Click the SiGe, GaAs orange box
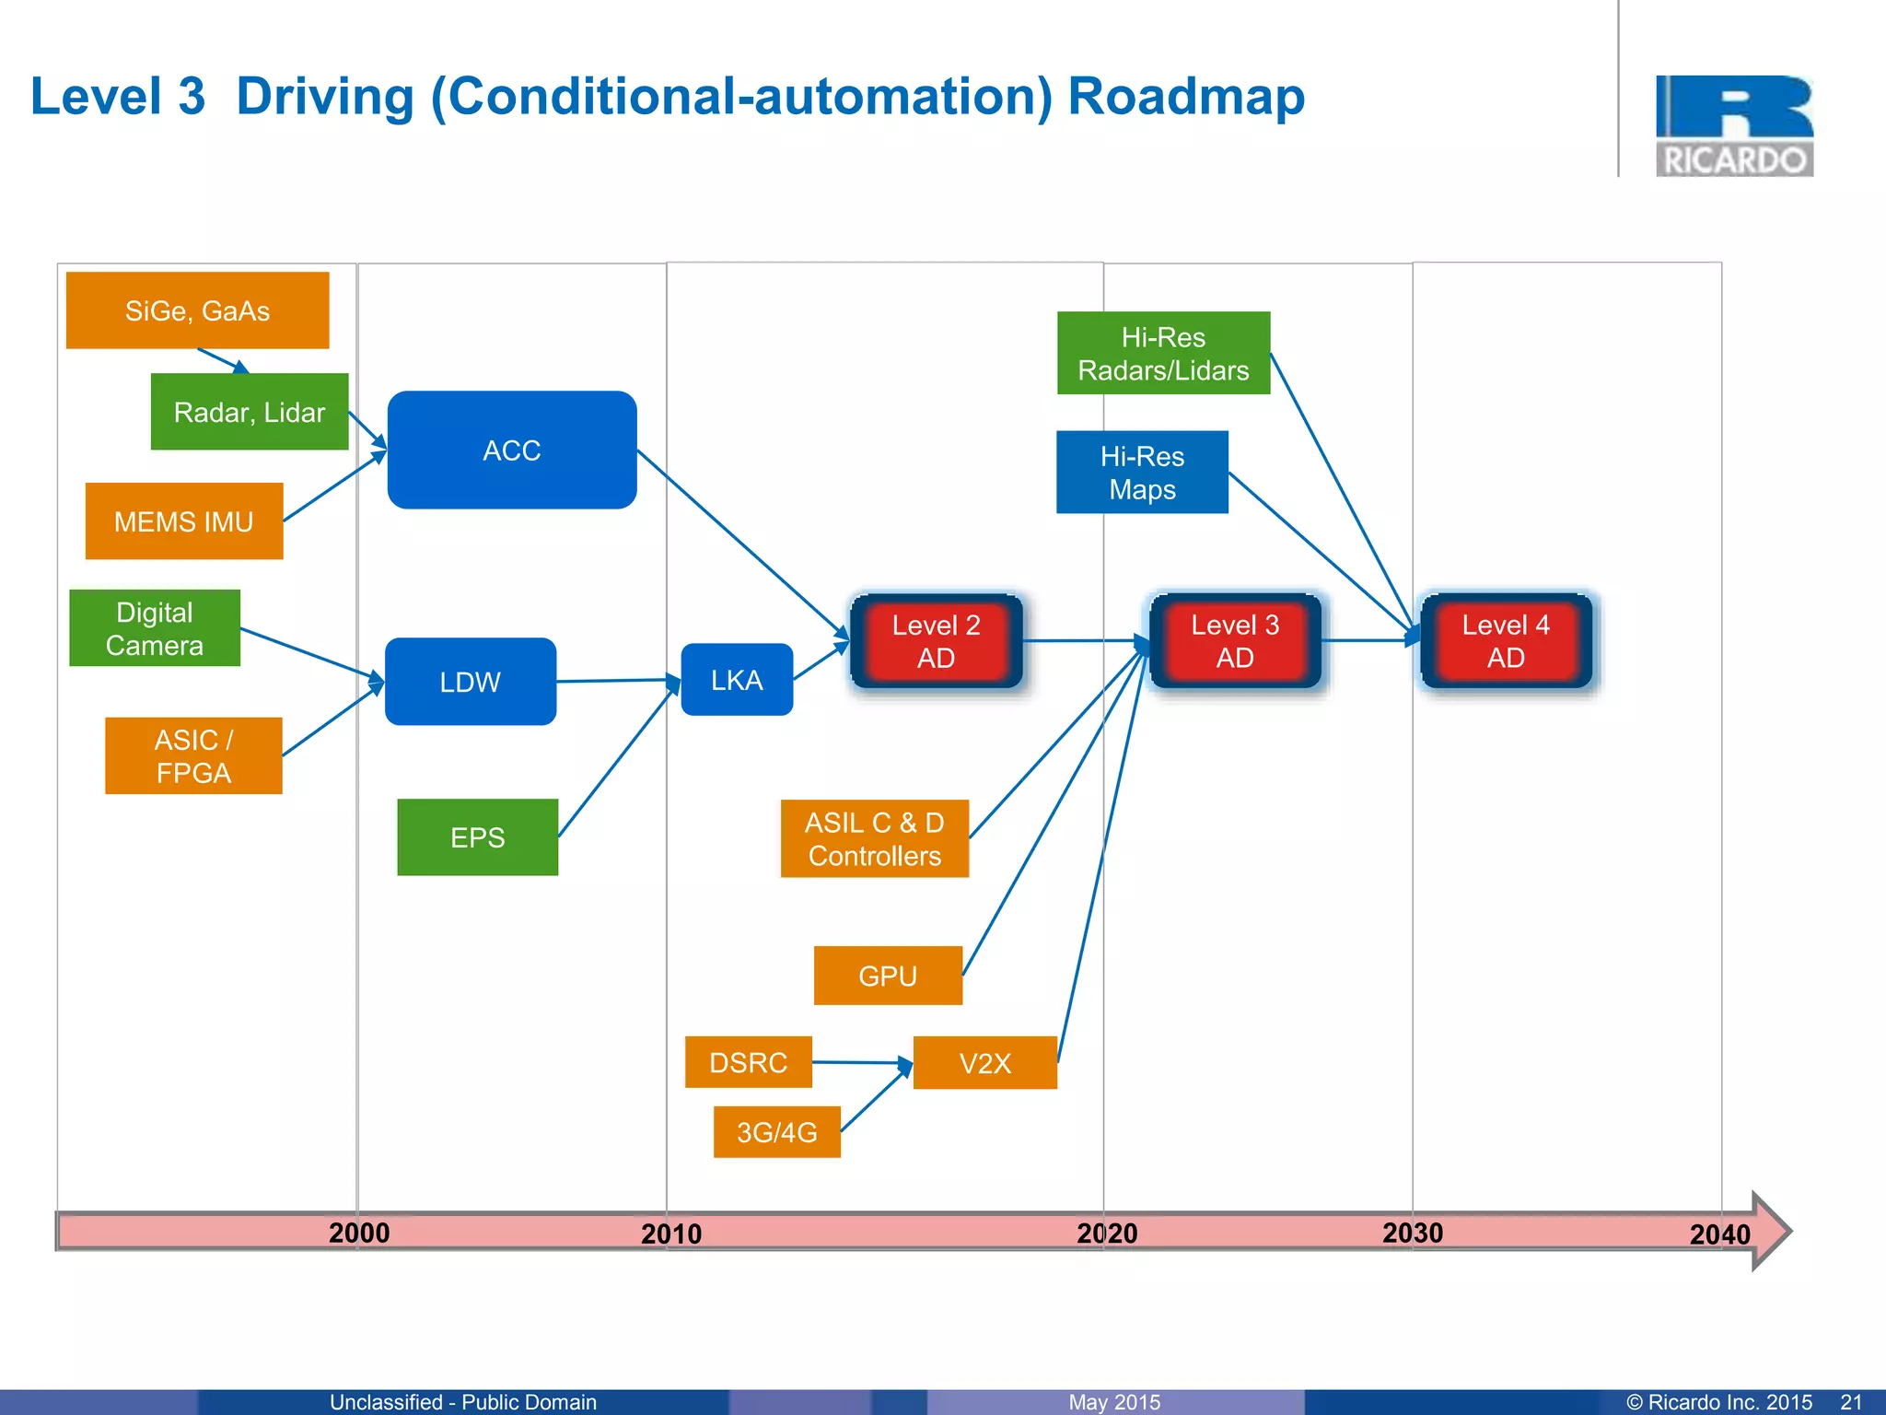click(x=197, y=310)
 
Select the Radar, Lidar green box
click(x=250, y=412)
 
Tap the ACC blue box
click(x=512, y=450)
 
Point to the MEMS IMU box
click(x=184, y=521)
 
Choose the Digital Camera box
click(x=155, y=628)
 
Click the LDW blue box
click(x=470, y=682)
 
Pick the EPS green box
click(x=477, y=837)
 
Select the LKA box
click(x=737, y=680)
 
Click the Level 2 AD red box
click(x=936, y=641)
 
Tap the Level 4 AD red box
click(x=1506, y=641)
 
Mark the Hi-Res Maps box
click(x=1142, y=473)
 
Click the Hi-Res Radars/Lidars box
click(x=1163, y=354)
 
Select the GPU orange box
click(x=888, y=976)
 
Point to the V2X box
click(x=984, y=1063)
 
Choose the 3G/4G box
click(x=776, y=1132)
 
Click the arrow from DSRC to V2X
click(x=861, y=1062)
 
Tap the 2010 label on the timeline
click(x=671, y=1234)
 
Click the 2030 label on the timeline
click(x=1413, y=1233)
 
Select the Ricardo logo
click(x=1734, y=126)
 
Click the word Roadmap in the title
click(x=1186, y=96)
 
